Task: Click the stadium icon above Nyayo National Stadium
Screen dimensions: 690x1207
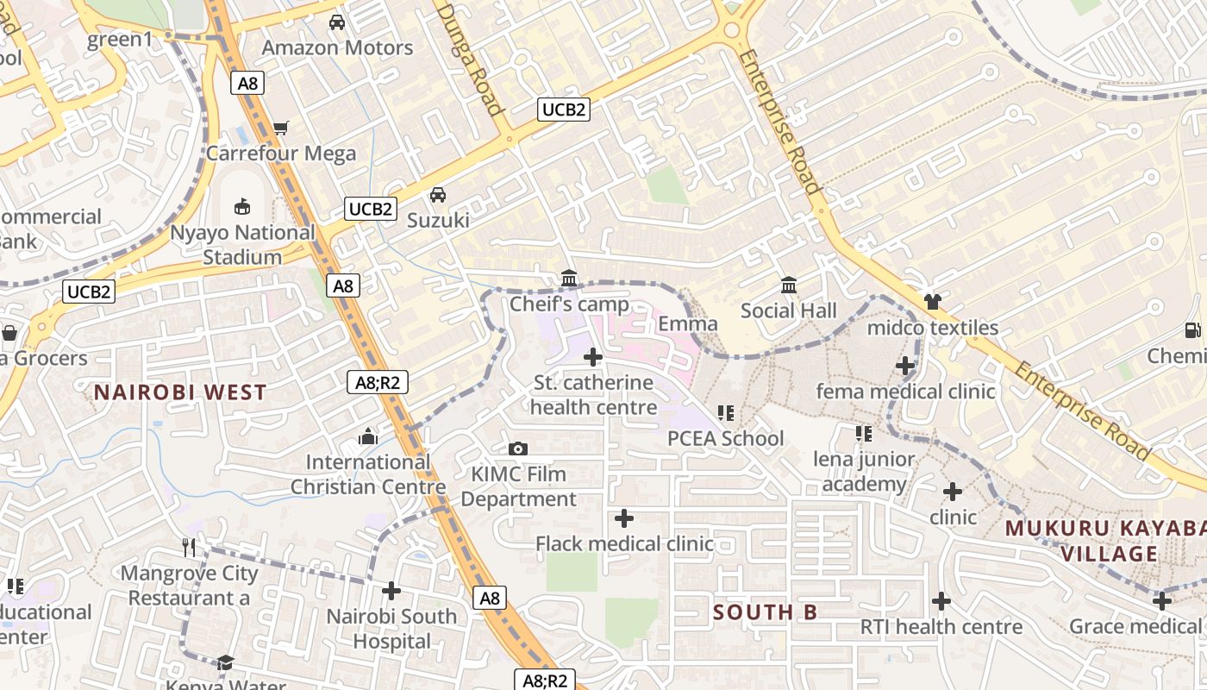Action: pyautogui.click(x=243, y=207)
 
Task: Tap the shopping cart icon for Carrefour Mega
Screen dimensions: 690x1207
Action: pyautogui.click(x=280, y=129)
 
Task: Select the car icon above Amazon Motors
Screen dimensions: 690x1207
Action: pyautogui.click(x=337, y=22)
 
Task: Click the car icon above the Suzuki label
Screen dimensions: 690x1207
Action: pyautogui.click(x=438, y=195)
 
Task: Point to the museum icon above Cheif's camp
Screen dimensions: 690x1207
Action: pyautogui.click(x=569, y=279)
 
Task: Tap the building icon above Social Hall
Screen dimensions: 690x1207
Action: pyautogui.click(x=789, y=285)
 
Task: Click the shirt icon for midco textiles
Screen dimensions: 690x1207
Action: pyautogui.click(x=932, y=302)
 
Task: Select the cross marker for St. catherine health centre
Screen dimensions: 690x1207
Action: pyautogui.click(x=593, y=357)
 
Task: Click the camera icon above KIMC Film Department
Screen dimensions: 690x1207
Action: pyautogui.click(x=518, y=448)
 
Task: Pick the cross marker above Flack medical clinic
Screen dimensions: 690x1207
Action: pyautogui.click(x=624, y=518)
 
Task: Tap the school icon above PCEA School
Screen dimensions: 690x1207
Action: pyautogui.click(x=726, y=413)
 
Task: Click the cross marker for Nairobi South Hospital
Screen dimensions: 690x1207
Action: pyautogui.click(x=391, y=591)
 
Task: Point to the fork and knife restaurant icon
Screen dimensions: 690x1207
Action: pyautogui.click(x=190, y=547)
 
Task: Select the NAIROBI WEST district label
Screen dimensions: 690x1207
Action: pyautogui.click(x=180, y=392)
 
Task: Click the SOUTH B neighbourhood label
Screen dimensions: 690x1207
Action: pyautogui.click(x=765, y=612)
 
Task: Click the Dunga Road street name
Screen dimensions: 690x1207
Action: pyautogui.click(x=470, y=59)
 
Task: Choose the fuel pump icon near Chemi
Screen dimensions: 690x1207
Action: pyautogui.click(x=1193, y=329)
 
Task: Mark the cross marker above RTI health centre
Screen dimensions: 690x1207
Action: pyautogui.click(x=941, y=601)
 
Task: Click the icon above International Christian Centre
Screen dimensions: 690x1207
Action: pyautogui.click(x=368, y=437)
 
